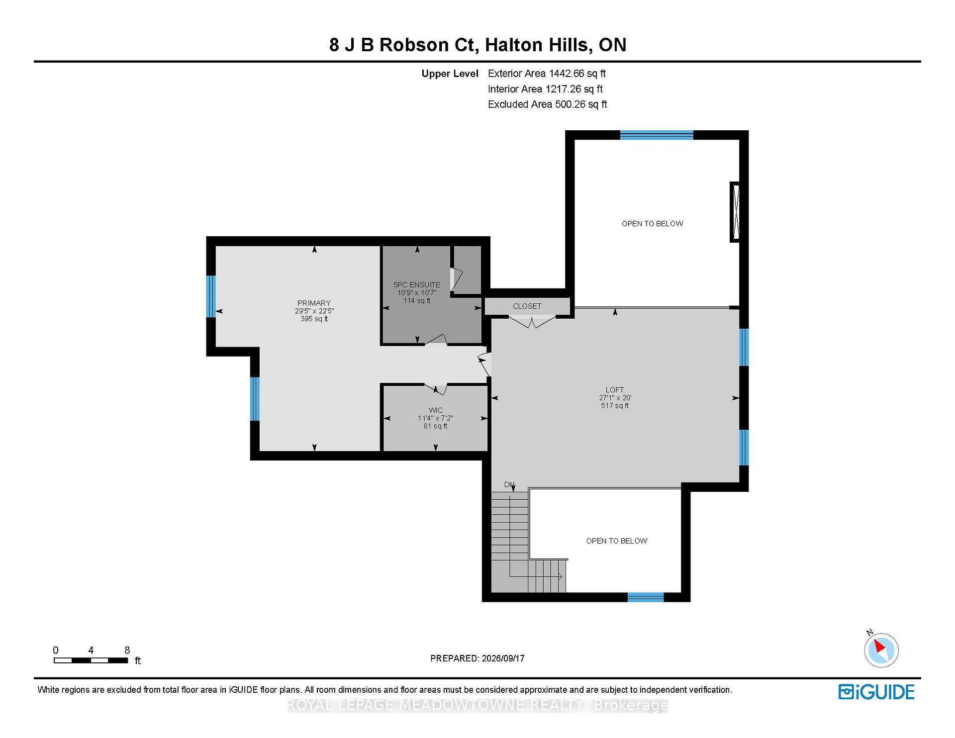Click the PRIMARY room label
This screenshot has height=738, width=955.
pyautogui.click(x=314, y=303)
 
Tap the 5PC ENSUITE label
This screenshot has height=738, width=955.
pyautogui.click(x=417, y=285)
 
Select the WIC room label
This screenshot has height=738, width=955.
pyautogui.click(x=435, y=410)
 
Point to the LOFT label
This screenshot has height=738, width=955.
pyautogui.click(x=615, y=390)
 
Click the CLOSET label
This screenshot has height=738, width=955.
pyautogui.click(x=527, y=306)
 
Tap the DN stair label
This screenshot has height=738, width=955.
pyautogui.click(x=509, y=484)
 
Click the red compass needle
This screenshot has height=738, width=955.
pyautogui.click(x=880, y=646)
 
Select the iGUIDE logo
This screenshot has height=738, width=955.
pyautogui.click(x=876, y=692)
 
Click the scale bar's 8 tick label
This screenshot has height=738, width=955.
pyautogui.click(x=127, y=650)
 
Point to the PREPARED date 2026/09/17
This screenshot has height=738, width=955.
pyautogui.click(x=503, y=658)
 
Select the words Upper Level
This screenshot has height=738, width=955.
pyautogui.click(x=450, y=74)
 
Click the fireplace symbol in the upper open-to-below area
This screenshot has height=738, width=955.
pyautogui.click(x=735, y=212)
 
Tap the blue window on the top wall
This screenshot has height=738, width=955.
pyautogui.click(x=657, y=135)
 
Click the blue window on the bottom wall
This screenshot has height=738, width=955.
pyautogui.click(x=646, y=597)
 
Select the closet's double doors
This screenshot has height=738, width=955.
pyautogui.click(x=532, y=321)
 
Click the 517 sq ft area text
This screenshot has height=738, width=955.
pyautogui.click(x=615, y=406)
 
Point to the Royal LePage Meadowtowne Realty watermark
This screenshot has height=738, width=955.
pyautogui.click(x=477, y=705)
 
